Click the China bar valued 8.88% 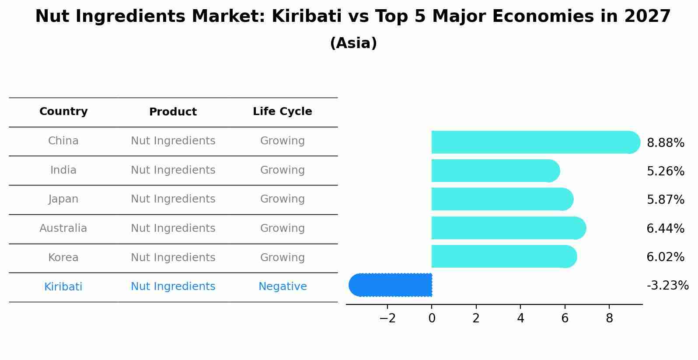coord(534,142)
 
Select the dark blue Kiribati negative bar coord(391,285)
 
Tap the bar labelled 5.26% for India coord(494,171)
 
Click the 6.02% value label coord(665,257)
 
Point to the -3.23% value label coord(667,286)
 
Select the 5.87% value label coord(665,200)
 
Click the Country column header coord(63,112)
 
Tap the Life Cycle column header coord(283,112)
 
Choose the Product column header coord(173,112)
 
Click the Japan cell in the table coord(63,199)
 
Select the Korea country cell coord(63,258)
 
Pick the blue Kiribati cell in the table coord(63,287)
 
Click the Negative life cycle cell coord(283,287)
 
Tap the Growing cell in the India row coord(283,170)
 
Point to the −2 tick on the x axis coord(387,318)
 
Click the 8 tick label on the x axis coord(609,318)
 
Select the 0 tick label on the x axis coord(432,318)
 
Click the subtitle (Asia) coord(353,43)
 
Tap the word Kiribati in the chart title coord(306,17)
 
